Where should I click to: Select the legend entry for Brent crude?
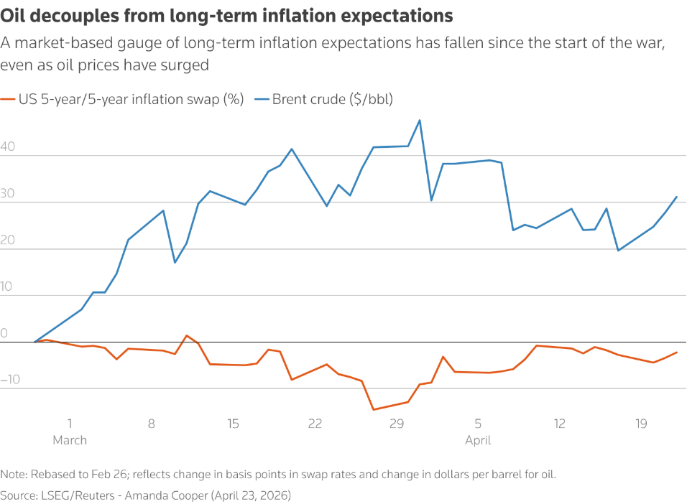click(x=331, y=99)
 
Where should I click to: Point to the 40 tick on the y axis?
click(x=8, y=146)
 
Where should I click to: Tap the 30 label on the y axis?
click(x=8, y=193)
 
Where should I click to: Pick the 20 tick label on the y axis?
click(x=8, y=240)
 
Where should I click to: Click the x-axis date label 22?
click(x=315, y=424)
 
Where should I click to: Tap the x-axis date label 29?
click(x=397, y=424)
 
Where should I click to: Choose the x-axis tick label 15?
click(x=233, y=424)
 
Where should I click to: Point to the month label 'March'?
click(x=70, y=439)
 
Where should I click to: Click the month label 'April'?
click(x=478, y=439)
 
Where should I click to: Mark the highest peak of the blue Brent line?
click(x=420, y=120)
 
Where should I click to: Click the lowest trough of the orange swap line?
click(x=373, y=410)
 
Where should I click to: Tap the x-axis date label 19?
click(x=642, y=424)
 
